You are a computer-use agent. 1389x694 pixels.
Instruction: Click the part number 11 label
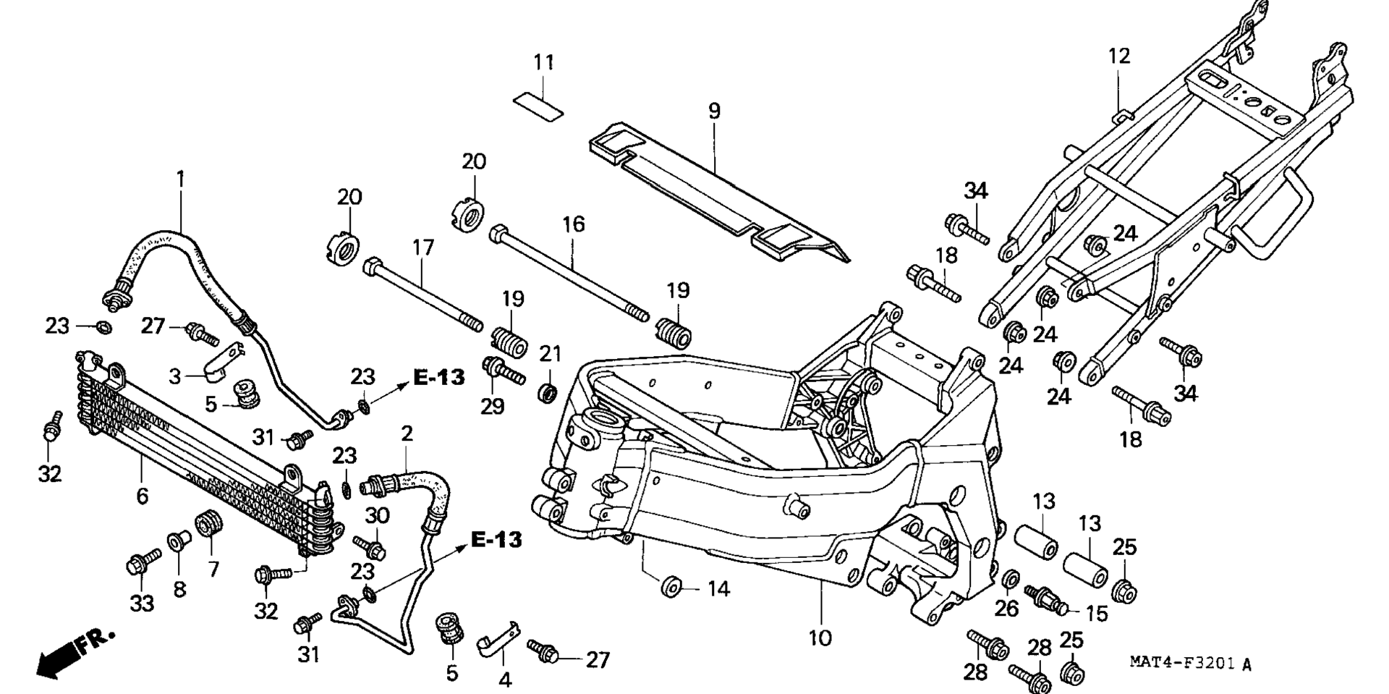(543, 62)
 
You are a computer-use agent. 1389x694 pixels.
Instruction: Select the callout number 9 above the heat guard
(714, 111)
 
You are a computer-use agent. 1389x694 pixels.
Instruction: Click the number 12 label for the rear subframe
(1118, 56)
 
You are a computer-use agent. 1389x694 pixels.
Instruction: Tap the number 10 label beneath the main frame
(820, 638)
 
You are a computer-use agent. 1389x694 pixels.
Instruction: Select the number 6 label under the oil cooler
(142, 496)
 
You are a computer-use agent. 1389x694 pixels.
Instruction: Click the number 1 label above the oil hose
(181, 178)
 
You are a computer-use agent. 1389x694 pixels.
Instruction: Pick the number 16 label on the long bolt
(574, 224)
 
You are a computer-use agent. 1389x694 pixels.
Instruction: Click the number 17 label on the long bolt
(422, 248)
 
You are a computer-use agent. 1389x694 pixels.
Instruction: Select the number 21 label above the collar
(551, 354)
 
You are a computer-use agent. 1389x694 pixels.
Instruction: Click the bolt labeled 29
(504, 373)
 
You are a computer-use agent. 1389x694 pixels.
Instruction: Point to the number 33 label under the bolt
(142, 603)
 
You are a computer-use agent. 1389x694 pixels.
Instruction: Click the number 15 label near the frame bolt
(1097, 614)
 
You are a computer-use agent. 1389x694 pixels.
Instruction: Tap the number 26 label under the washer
(1006, 609)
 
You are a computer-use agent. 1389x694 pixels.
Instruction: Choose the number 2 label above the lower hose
(407, 434)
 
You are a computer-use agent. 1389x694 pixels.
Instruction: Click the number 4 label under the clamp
(505, 680)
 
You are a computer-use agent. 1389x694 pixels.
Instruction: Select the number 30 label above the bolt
(377, 516)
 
